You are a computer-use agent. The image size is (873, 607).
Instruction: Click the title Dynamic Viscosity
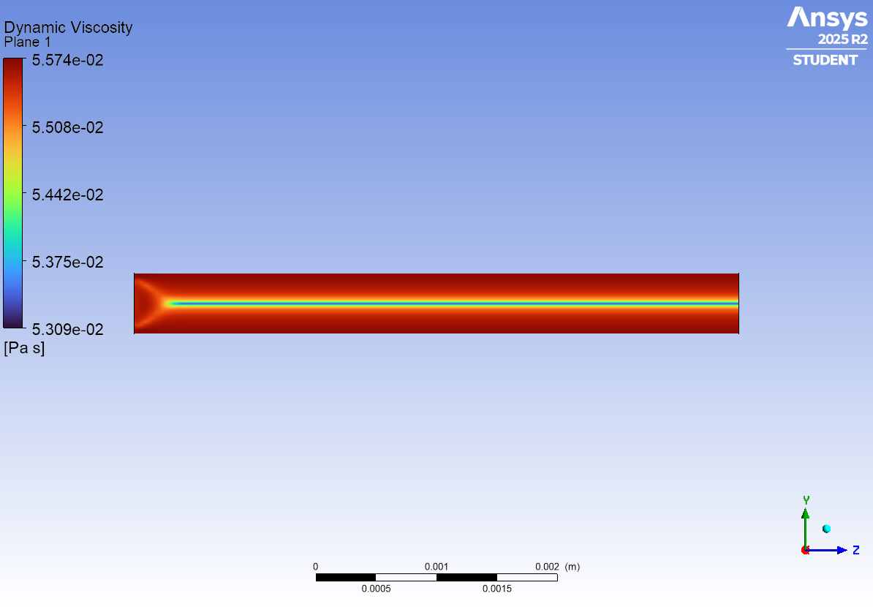[x=68, y=27]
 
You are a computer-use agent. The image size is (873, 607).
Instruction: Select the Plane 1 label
[x=27, y=42]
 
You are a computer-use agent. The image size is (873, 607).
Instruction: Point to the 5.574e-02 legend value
[x=67, y=60]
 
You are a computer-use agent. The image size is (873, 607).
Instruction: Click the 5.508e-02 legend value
[x=67, y=127]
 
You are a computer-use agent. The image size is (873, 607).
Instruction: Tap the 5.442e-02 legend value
[x=67, y=195]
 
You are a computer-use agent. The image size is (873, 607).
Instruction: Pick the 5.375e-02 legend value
[x=67, y=263]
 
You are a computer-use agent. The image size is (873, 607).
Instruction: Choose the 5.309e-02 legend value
[x=67, y=330]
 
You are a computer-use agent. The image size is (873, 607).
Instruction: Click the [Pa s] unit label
[x=25, y=348]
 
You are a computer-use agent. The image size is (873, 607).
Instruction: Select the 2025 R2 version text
[x=842, y=39]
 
